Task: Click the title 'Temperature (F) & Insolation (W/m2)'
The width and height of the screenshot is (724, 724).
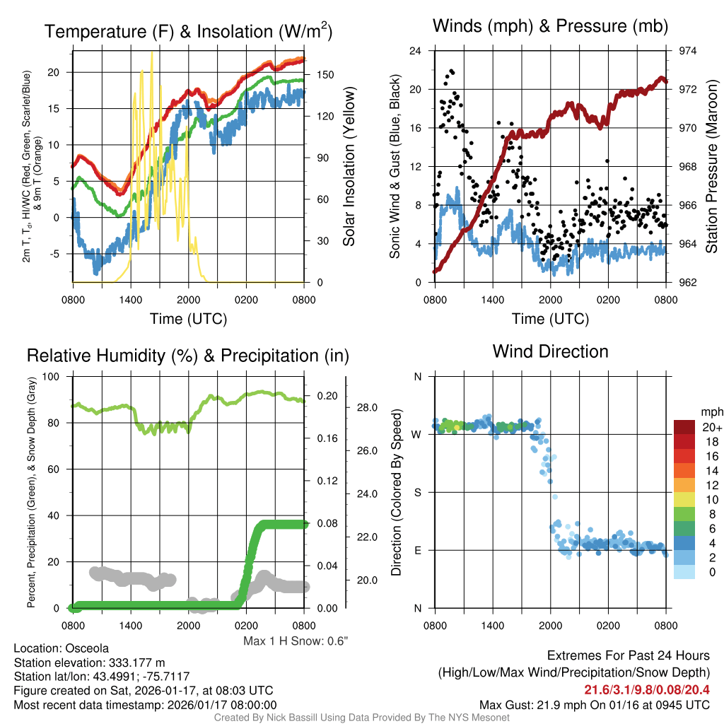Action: pyautogui.click(x=188, y=31)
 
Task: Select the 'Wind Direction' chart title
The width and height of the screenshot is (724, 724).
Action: pyautogui.click(x=550, y=351)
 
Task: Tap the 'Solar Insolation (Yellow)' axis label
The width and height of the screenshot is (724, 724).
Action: pyautogui.click(x=349, y=167)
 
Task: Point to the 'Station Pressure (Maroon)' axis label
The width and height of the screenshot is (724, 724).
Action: pyautogui.click(x=711, y=167)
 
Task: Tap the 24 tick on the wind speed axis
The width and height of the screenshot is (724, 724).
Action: pyautogui.click(x=416, y=51)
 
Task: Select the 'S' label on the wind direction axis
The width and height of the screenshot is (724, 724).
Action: pyautogui.click(x=417, y=492)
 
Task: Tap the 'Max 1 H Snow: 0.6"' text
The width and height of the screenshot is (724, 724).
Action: pyautogui.click(x=296, y=641)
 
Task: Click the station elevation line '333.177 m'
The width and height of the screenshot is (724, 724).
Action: pyautogui.click(x=89, y=662)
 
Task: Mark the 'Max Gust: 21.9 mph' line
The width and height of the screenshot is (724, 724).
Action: pyautogui.click(x=594, y=705)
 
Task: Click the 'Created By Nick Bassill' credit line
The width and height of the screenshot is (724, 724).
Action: pyautogui.click(x=361, y=718)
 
